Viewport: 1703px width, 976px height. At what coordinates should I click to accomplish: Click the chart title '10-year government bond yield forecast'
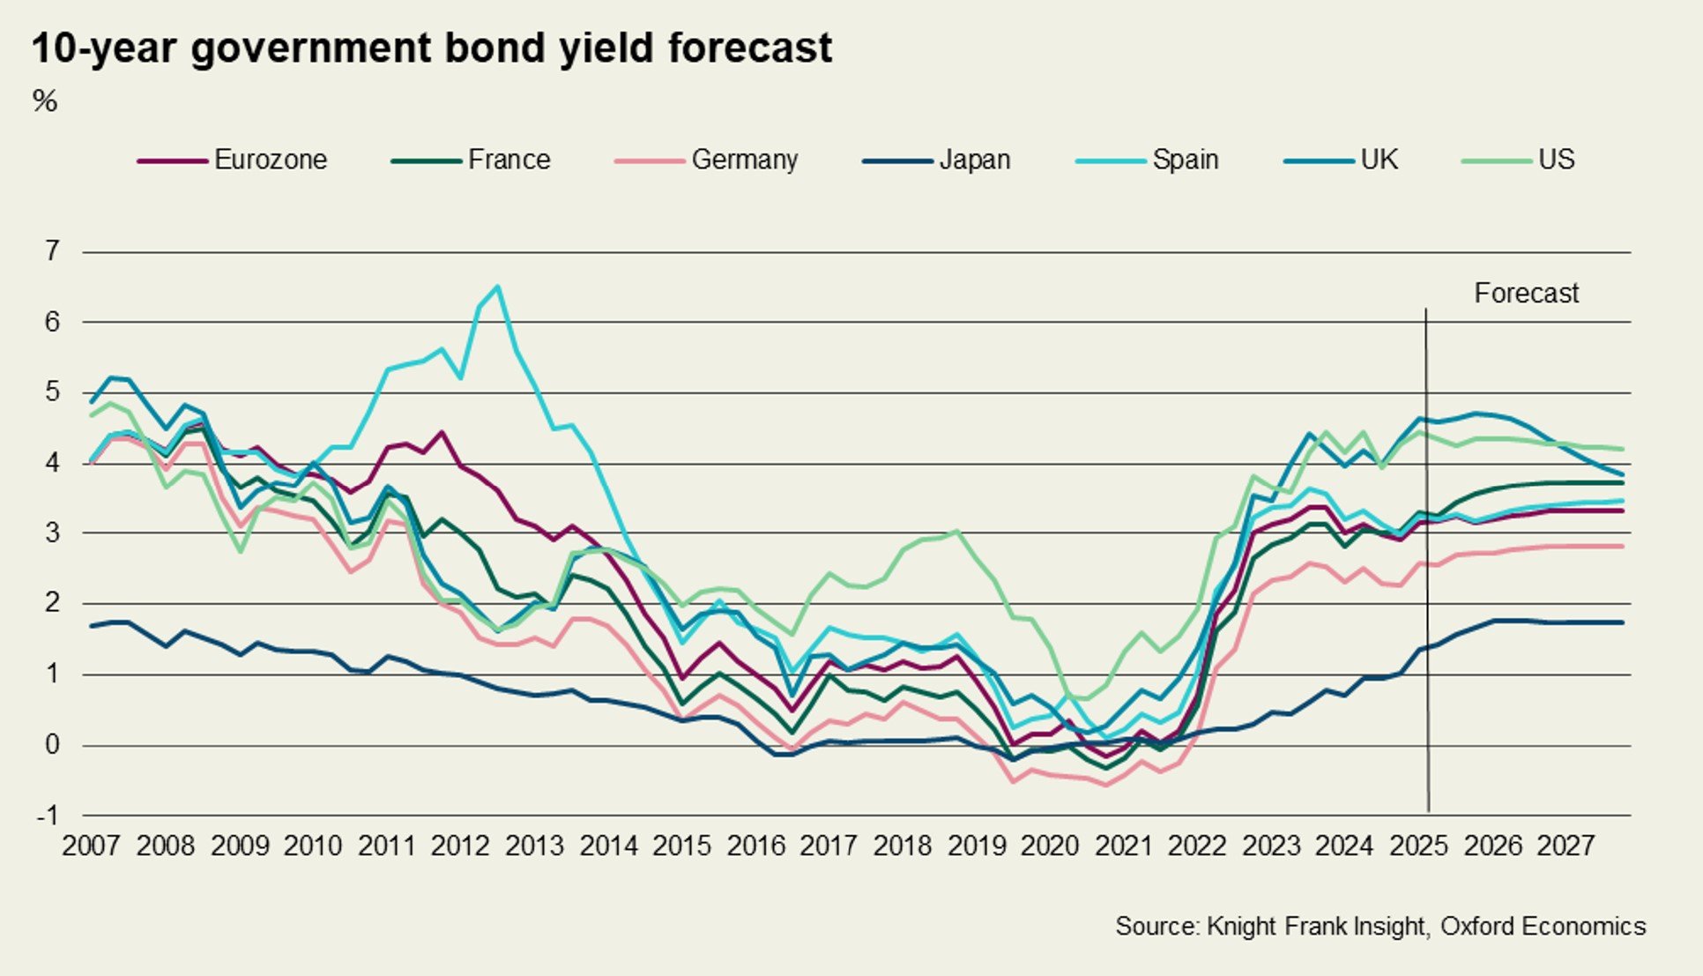click(x=431, y=48)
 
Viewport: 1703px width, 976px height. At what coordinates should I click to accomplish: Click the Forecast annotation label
click(x=1526, y=294)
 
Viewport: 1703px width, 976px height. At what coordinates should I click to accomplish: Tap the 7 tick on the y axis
click(x=52, y=251)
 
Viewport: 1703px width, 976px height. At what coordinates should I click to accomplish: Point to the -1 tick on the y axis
click(x=48, y=816)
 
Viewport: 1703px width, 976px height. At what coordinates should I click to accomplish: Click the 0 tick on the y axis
click(x=52, y=745)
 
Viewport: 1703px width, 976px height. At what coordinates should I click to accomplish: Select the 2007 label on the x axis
click(x=91, y=846)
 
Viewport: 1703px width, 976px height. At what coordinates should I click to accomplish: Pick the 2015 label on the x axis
click(x=681, y=846)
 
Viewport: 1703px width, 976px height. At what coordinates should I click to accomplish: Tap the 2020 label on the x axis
click(x=1049, y=846)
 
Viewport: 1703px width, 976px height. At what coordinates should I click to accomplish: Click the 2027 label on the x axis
click(x=1565, y=846)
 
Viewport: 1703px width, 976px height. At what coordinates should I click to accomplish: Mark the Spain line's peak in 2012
click(x=498, y=287)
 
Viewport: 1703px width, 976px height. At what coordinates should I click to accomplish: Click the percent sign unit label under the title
click(x=45, y=101)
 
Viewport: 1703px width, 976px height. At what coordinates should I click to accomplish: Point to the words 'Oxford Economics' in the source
click(x=1543, y=927)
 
